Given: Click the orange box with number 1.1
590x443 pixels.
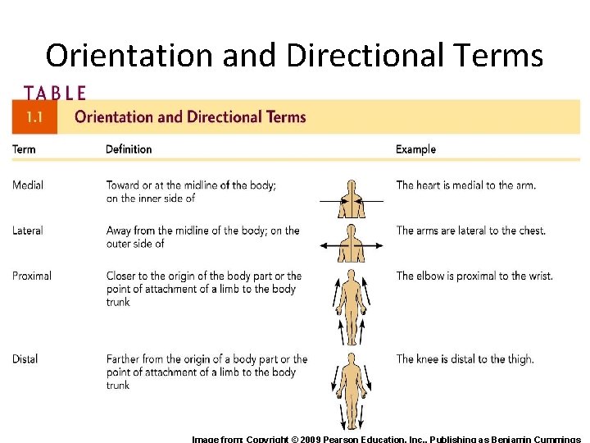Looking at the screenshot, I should pos(34,117).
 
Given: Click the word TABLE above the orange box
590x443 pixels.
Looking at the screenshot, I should pos(55,93).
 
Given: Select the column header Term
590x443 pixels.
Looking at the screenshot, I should pos(24,149).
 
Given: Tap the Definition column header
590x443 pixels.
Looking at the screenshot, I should pos(129,149).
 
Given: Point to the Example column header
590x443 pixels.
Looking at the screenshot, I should pos(415,149).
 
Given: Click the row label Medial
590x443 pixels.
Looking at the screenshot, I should pos(28,185).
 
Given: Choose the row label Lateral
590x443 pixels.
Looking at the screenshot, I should pos(28,231).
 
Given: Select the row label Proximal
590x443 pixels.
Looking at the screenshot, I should pos(32,276).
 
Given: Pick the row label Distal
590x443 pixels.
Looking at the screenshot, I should pos(25,359).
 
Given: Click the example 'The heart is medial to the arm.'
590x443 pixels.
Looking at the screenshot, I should pos(465,185).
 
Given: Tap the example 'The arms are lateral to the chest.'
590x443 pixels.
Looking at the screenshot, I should pos(470,231).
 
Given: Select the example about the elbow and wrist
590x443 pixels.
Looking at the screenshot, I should pos(474,276).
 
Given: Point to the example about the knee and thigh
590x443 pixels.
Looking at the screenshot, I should pos(465,359).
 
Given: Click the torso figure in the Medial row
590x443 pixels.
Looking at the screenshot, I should pos(352,199).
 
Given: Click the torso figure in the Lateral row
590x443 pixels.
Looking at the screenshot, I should pos(352,244).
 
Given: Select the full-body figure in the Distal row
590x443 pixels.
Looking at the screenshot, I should pos(352,390).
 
